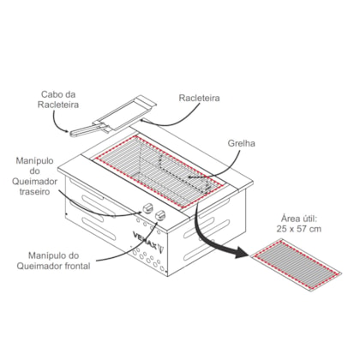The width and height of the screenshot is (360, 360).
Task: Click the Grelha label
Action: [x=241, y=143]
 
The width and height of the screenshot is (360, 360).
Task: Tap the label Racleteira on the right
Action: [x=199, y=98]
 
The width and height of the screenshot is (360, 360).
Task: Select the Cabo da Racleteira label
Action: [x=58, y=99]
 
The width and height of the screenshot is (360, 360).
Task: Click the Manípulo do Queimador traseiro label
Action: [x=34, y=177]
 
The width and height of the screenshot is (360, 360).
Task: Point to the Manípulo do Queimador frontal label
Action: [x=54, y=261]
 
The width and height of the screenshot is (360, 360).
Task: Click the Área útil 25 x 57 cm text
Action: [x=299, y=224]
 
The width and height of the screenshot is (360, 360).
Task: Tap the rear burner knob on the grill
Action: [x=147, y=207]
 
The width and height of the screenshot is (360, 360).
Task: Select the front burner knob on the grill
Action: [x=161, y=215]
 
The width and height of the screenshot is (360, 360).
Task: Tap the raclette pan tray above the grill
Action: [x=127, y=111]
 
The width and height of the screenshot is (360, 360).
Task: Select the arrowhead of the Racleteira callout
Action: [x=143, y=121]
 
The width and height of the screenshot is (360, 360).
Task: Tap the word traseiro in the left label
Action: [x=34, y=192]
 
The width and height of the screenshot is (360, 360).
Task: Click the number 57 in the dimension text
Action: [x=302, y=229]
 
